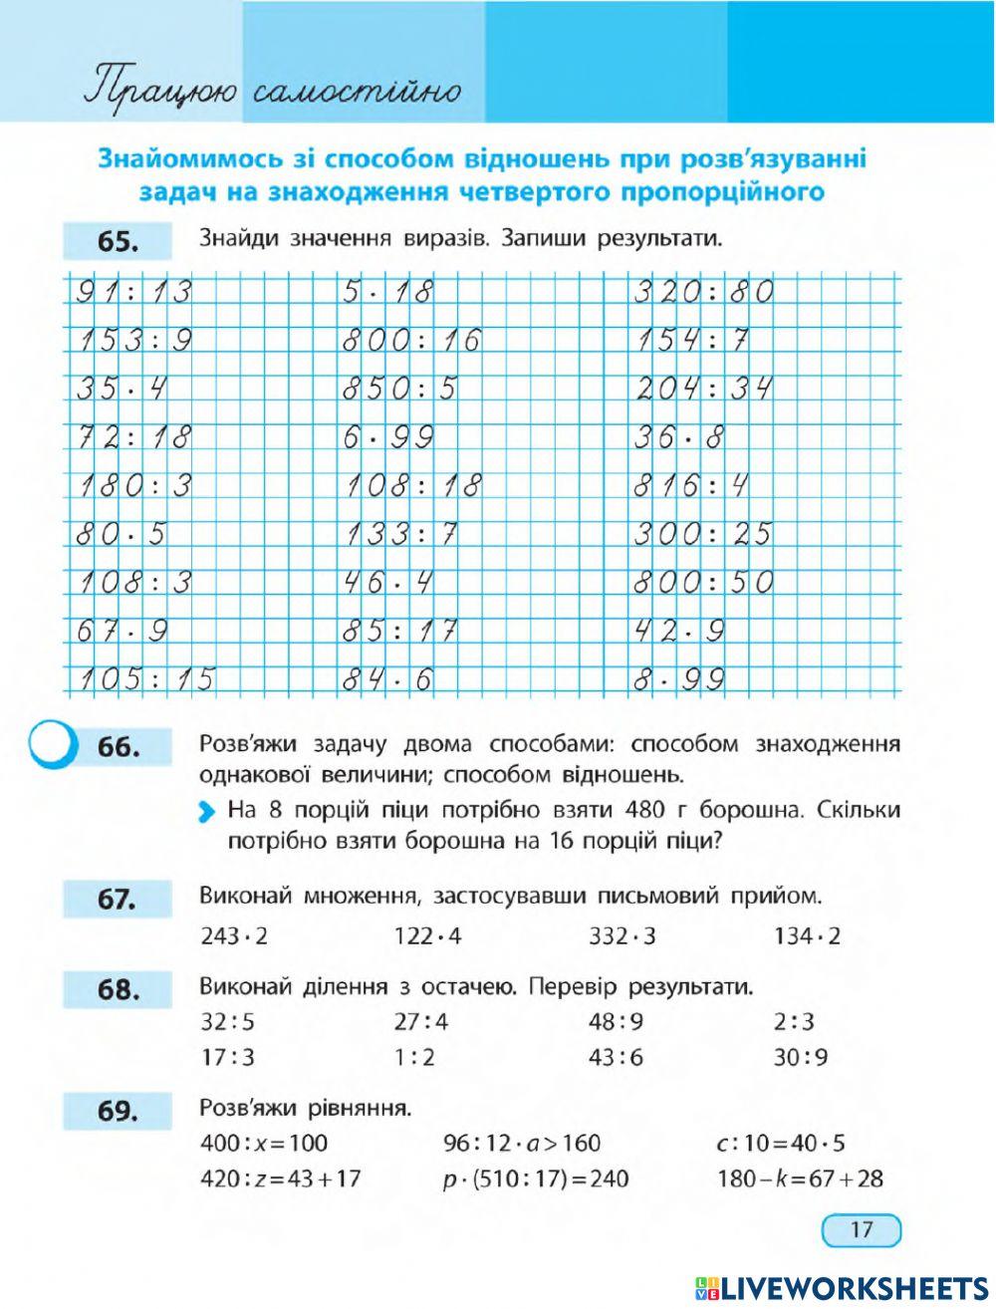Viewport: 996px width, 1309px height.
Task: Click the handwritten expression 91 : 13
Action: pos(133,293)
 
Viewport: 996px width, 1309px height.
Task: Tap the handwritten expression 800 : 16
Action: pos(411,341)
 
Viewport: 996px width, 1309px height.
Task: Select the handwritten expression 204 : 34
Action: pos(704,389)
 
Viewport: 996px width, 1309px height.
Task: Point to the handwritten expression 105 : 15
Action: pos(145,679)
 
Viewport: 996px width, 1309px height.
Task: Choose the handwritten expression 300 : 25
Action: pos(703,534)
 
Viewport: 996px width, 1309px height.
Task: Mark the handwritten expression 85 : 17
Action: pos(399,631)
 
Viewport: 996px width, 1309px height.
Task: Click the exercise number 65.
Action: pos(117,243)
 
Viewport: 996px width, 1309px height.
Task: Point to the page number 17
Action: pos(862,1229)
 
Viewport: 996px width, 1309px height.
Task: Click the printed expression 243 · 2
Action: pos(235,936)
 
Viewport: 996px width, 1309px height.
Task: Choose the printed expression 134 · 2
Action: pos(807,936)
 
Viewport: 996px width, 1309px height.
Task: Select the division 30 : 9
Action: pos(801,1057)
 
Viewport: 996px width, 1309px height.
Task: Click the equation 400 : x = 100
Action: pos(264,1143)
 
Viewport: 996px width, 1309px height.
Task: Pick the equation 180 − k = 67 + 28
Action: pos(800,1178)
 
